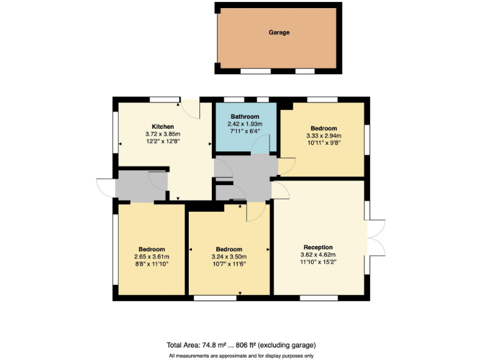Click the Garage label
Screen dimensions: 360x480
point(279,32)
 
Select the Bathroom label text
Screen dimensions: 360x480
point(245,117)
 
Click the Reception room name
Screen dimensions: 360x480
point(318,247)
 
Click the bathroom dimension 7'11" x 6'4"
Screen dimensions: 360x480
point(245,131)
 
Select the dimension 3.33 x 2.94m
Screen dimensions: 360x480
point(324,136)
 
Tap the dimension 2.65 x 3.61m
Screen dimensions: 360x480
point(152,257)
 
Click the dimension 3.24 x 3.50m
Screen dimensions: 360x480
point(229,257)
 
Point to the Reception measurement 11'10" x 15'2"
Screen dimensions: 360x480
point(318,262)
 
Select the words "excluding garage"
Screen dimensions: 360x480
point(288,344)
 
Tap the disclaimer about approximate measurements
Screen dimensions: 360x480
point(241,356)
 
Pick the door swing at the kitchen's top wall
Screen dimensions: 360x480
point(191,109)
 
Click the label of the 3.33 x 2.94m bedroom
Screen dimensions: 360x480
point(324,128)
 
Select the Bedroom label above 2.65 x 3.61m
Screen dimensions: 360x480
point(152,249)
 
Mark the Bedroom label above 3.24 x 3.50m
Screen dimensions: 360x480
point(229,249)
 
